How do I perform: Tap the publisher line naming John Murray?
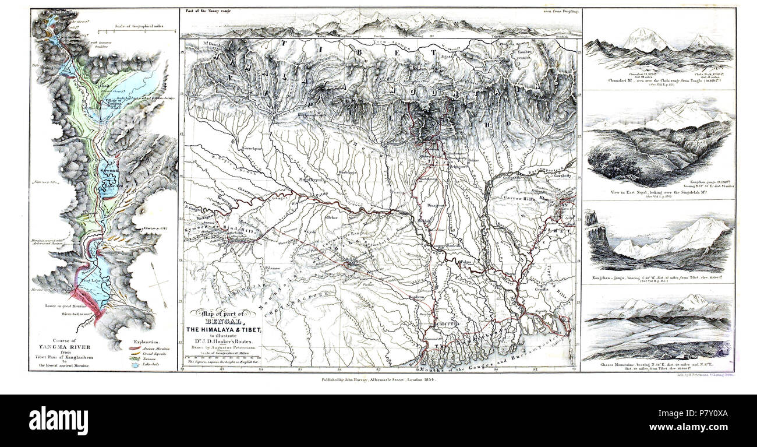tap(378, 379)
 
